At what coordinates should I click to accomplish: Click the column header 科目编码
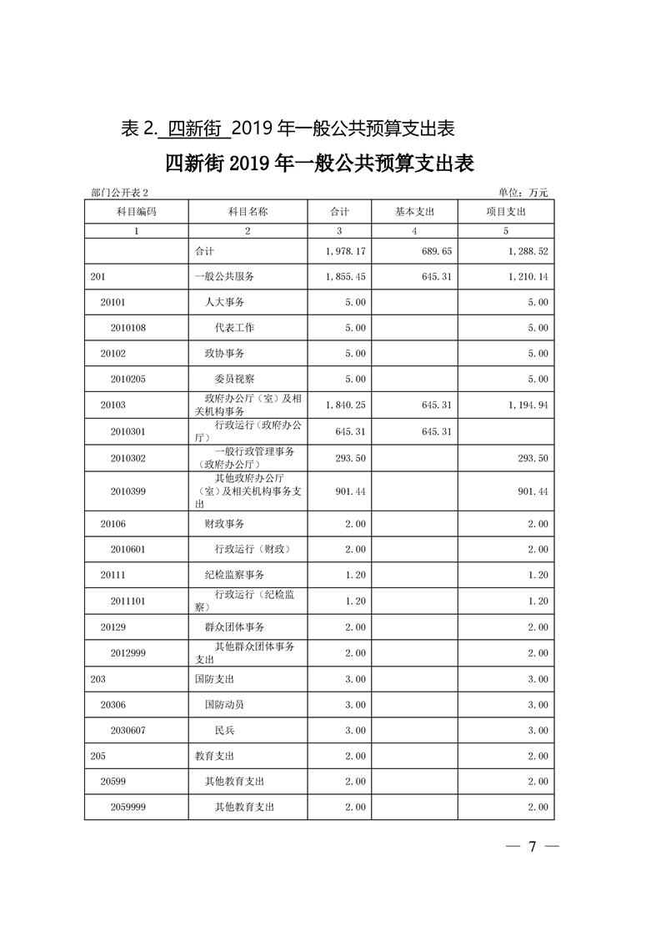tap(136, 212)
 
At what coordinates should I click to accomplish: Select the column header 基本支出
tap(414, 212)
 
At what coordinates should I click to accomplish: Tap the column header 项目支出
tap(506, 212)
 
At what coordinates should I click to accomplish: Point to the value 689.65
tap(435, 250)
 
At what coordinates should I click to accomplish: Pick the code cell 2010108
tap(128, 328)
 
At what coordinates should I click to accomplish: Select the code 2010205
tap(128, 380)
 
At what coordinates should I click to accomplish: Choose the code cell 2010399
tap(128, 492)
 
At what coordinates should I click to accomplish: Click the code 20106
tap(113, 524)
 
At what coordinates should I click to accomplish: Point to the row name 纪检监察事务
tap(234, 576)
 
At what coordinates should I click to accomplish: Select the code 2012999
tap(128, 653)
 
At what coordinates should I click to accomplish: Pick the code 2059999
tap(128, 808)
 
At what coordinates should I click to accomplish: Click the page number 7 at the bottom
tap(531, 848)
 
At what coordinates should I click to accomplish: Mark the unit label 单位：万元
tap(523, 193)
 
